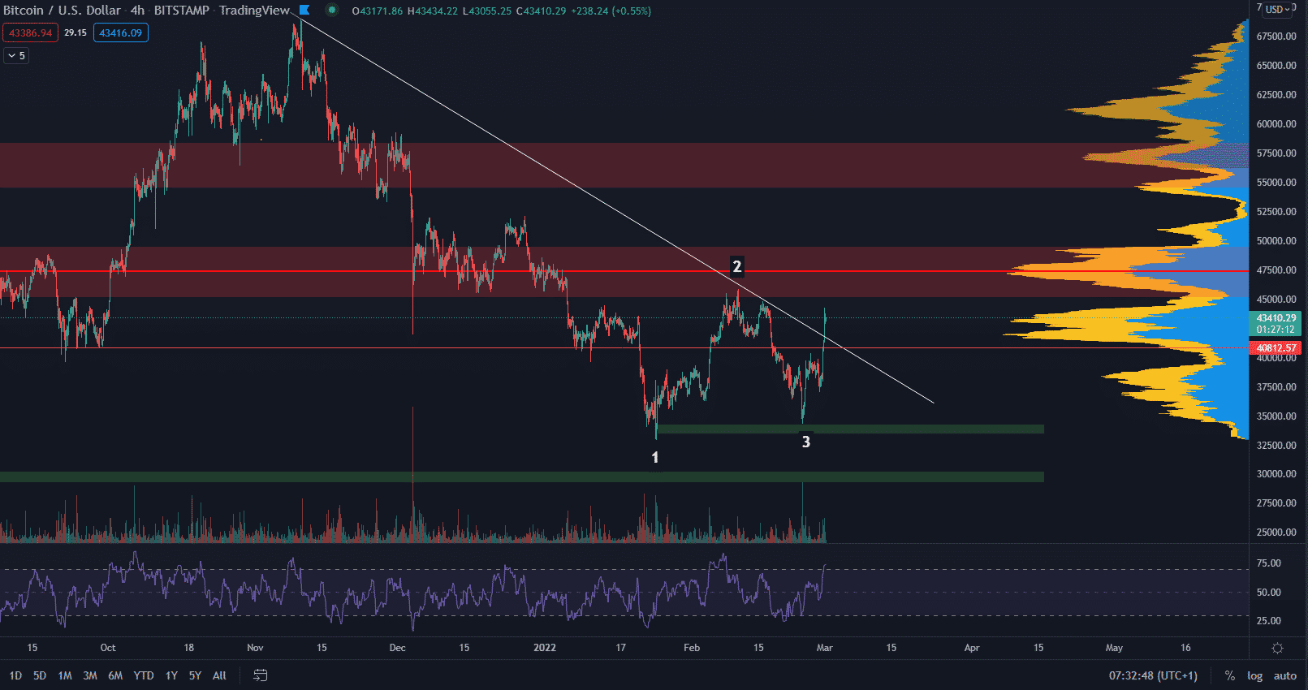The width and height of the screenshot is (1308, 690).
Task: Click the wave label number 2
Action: tap(736, 266)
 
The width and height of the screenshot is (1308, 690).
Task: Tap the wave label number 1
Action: tap(655, 458)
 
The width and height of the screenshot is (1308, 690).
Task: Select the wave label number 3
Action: tap(805, 442)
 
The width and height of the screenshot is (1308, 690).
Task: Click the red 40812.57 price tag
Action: tap(1276, 347)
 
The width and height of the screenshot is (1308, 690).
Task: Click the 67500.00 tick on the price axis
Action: tap(1276, 37)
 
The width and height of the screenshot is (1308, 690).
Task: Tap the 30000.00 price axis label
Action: tap(1276, 474)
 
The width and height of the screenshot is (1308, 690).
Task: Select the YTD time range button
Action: tap(144, 675)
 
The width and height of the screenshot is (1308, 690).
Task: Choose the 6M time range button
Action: tap(115, 675)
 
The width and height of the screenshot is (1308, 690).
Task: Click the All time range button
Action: tap(219, 675)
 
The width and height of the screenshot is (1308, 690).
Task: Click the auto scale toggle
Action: tap(1284, 675)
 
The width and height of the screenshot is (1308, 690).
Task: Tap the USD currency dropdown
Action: tap(1276, 10)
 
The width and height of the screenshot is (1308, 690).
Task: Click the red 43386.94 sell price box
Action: tap(30, 33)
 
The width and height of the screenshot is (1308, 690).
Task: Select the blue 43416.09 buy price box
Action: tap(120, 33)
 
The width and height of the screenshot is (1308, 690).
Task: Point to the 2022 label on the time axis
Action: tap(544, 648)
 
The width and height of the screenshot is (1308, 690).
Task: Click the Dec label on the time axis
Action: tap(397, 648)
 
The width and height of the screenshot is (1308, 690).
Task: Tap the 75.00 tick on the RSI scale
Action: tap(1268, 563)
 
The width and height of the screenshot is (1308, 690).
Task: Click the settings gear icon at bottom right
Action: tap(1277, 648)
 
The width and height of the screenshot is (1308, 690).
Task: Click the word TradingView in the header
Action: tap(254, 11)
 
